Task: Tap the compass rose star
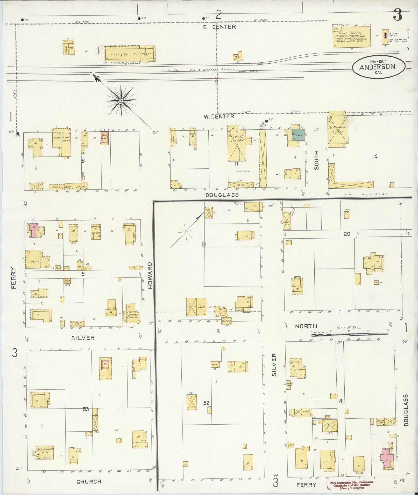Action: click(x=121, y=100)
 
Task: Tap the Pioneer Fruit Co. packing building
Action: click(x=351, y=36)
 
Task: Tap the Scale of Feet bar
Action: click(x=349, y=334)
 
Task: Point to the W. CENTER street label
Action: click(x=219, y=117)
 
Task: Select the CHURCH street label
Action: click(x=89, y=482)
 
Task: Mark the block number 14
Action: click(x=375, y=157)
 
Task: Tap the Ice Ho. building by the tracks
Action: click(x=237, y=56)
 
